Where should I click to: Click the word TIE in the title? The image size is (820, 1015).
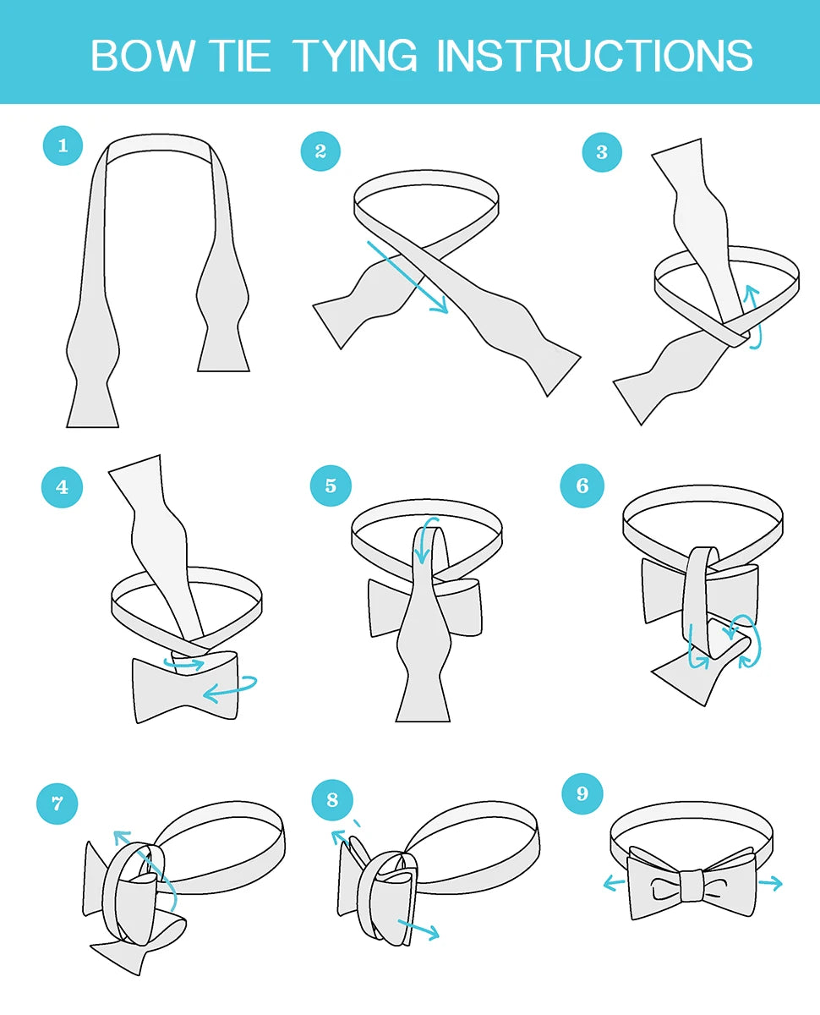240,56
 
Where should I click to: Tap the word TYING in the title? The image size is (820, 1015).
356,56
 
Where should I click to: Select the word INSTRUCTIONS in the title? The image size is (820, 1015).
594,56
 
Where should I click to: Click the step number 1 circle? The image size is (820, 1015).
63,145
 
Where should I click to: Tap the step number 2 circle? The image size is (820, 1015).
321,151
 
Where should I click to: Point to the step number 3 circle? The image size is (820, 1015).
602,151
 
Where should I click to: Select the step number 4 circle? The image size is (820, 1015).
63,487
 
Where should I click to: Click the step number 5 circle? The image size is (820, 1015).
331,486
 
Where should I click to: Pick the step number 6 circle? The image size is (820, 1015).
582,486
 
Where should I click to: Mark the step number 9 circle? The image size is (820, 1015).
582,793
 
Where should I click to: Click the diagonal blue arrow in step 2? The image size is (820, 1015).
407,277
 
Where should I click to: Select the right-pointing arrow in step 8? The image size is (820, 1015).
419,930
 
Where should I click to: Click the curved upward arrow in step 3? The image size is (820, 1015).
752,317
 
